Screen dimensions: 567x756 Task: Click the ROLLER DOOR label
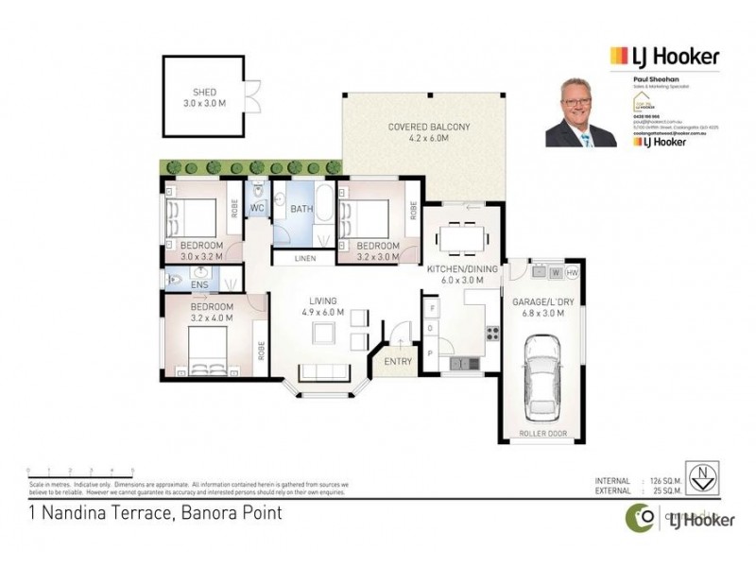(542, 436)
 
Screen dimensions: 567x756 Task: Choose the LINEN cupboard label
(304, 258)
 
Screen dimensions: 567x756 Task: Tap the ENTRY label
(396, 360)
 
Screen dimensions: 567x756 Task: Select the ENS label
(199, 283)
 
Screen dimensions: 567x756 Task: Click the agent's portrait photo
(580, 112)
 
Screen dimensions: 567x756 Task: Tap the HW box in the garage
(573, 273)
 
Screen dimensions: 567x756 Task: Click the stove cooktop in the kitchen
(491, 332)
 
